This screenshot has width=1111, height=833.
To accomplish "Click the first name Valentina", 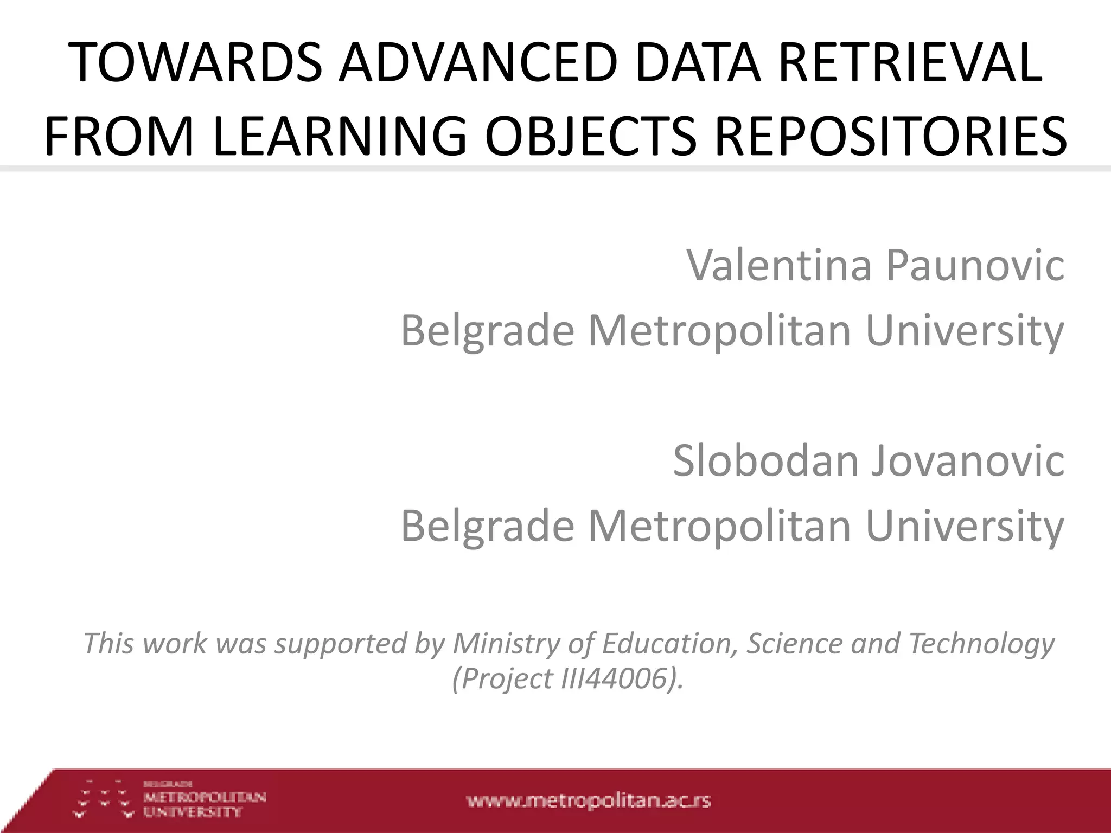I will tap(778, 265).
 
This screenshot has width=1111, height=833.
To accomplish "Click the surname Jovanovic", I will tap(968, 460).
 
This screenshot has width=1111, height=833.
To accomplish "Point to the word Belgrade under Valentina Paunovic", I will tap(487, 330).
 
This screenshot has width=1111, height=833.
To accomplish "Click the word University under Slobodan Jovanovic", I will tap(965, 526).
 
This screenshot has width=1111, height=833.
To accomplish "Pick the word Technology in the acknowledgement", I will tap(981, 644).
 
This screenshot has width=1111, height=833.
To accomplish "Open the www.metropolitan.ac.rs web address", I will tap(589, 801).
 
